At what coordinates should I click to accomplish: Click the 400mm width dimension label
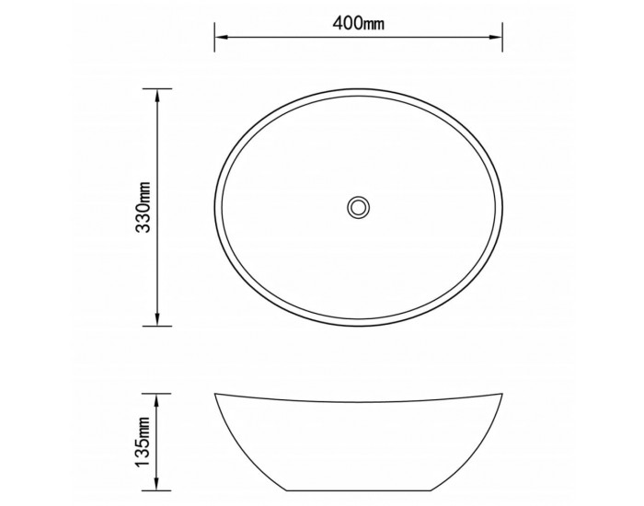(359, 23)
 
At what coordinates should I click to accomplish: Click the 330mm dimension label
(144, 207)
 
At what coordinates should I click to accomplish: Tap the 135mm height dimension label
(144, 442)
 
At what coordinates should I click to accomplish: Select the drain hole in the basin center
(359, 207)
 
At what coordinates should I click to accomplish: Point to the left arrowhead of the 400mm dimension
(222, 37)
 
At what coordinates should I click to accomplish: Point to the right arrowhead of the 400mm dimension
(496, 37)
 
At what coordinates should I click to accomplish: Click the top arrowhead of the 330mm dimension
(156, 96)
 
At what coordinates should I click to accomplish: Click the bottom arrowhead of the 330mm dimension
(156, 319)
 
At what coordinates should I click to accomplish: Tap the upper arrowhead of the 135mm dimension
(156, 400)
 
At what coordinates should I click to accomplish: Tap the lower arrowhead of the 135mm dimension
(156, 483)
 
